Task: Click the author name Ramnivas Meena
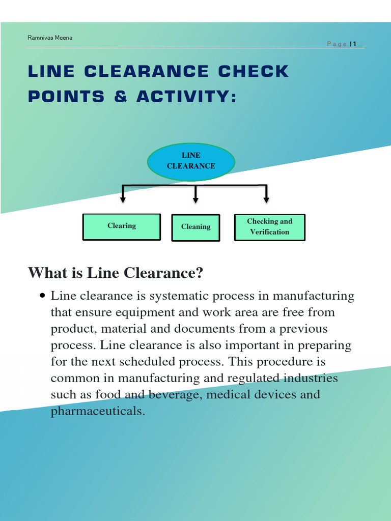pos(50,38)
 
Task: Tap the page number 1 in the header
pos(355,44)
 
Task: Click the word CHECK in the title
pos(254,72)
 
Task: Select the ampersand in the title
pos(121,97)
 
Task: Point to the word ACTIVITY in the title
pos(186,97)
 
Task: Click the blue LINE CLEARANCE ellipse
pos(191,161)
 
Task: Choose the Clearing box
pos(122,226)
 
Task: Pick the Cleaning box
pos(195,227)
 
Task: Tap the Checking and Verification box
pos(269,227)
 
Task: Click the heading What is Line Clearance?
pos(116,273)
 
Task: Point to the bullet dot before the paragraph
pos(43,296)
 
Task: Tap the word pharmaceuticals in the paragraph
pos(98,411)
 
